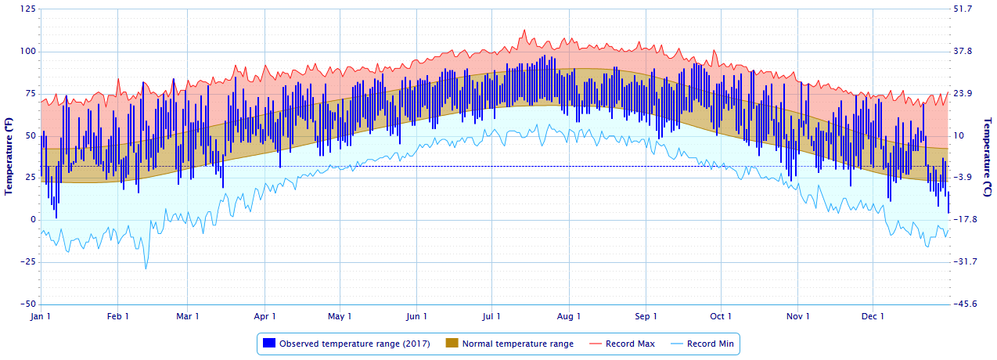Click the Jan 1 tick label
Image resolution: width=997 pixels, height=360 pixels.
40,317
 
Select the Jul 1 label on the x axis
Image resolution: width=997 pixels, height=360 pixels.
492,317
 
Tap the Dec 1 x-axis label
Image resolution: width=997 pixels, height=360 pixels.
873,317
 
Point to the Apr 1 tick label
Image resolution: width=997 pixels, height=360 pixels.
265,317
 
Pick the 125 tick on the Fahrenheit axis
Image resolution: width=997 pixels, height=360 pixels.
27,9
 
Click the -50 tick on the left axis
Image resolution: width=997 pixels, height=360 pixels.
27,304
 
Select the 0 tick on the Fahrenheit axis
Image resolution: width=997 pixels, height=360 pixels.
32,220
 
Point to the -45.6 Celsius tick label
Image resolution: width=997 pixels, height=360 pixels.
964,304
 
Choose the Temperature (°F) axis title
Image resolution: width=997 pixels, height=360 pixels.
9,157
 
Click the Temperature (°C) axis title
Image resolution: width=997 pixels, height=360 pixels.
988,157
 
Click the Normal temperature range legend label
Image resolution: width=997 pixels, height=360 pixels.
517,344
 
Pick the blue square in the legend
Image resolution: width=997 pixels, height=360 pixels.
269,344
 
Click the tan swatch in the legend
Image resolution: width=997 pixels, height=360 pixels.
452,344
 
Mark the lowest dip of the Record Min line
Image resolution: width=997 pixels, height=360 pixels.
146,269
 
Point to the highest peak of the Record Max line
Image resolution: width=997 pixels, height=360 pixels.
524,30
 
